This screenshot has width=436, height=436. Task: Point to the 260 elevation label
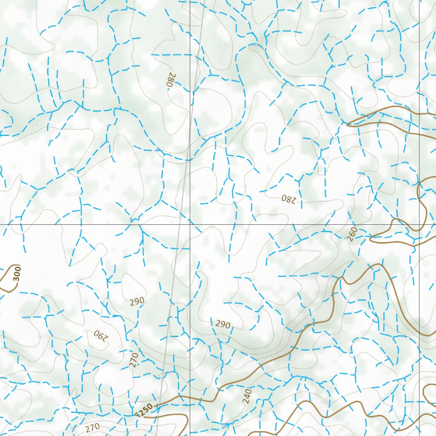(x=352, y=234)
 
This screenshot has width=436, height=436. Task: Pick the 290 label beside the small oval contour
(x=137, y=301)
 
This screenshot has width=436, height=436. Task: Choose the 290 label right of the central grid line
(x=222, y=324)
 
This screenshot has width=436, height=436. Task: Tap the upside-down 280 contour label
(x=288, y=199)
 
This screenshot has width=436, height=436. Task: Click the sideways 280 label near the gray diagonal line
(x=170, y=80)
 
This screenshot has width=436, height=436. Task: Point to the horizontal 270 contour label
(x=92, y=427)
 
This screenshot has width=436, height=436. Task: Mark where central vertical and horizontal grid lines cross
(x=189, y=224)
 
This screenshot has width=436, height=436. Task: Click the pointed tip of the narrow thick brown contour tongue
(x=348, y=124)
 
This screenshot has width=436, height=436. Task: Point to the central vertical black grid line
(x=189, y=128)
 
